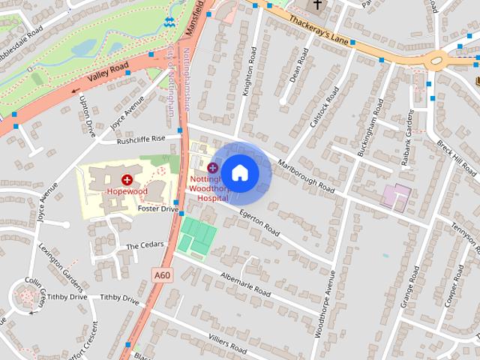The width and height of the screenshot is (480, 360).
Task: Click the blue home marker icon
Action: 240,172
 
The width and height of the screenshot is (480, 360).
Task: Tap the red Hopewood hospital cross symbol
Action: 127,179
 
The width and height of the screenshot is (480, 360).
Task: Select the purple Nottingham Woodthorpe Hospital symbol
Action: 213,166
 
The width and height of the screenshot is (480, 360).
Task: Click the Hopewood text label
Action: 127,192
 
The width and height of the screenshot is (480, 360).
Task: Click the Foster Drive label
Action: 159,209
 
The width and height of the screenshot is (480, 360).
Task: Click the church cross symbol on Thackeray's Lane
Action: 317,5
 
